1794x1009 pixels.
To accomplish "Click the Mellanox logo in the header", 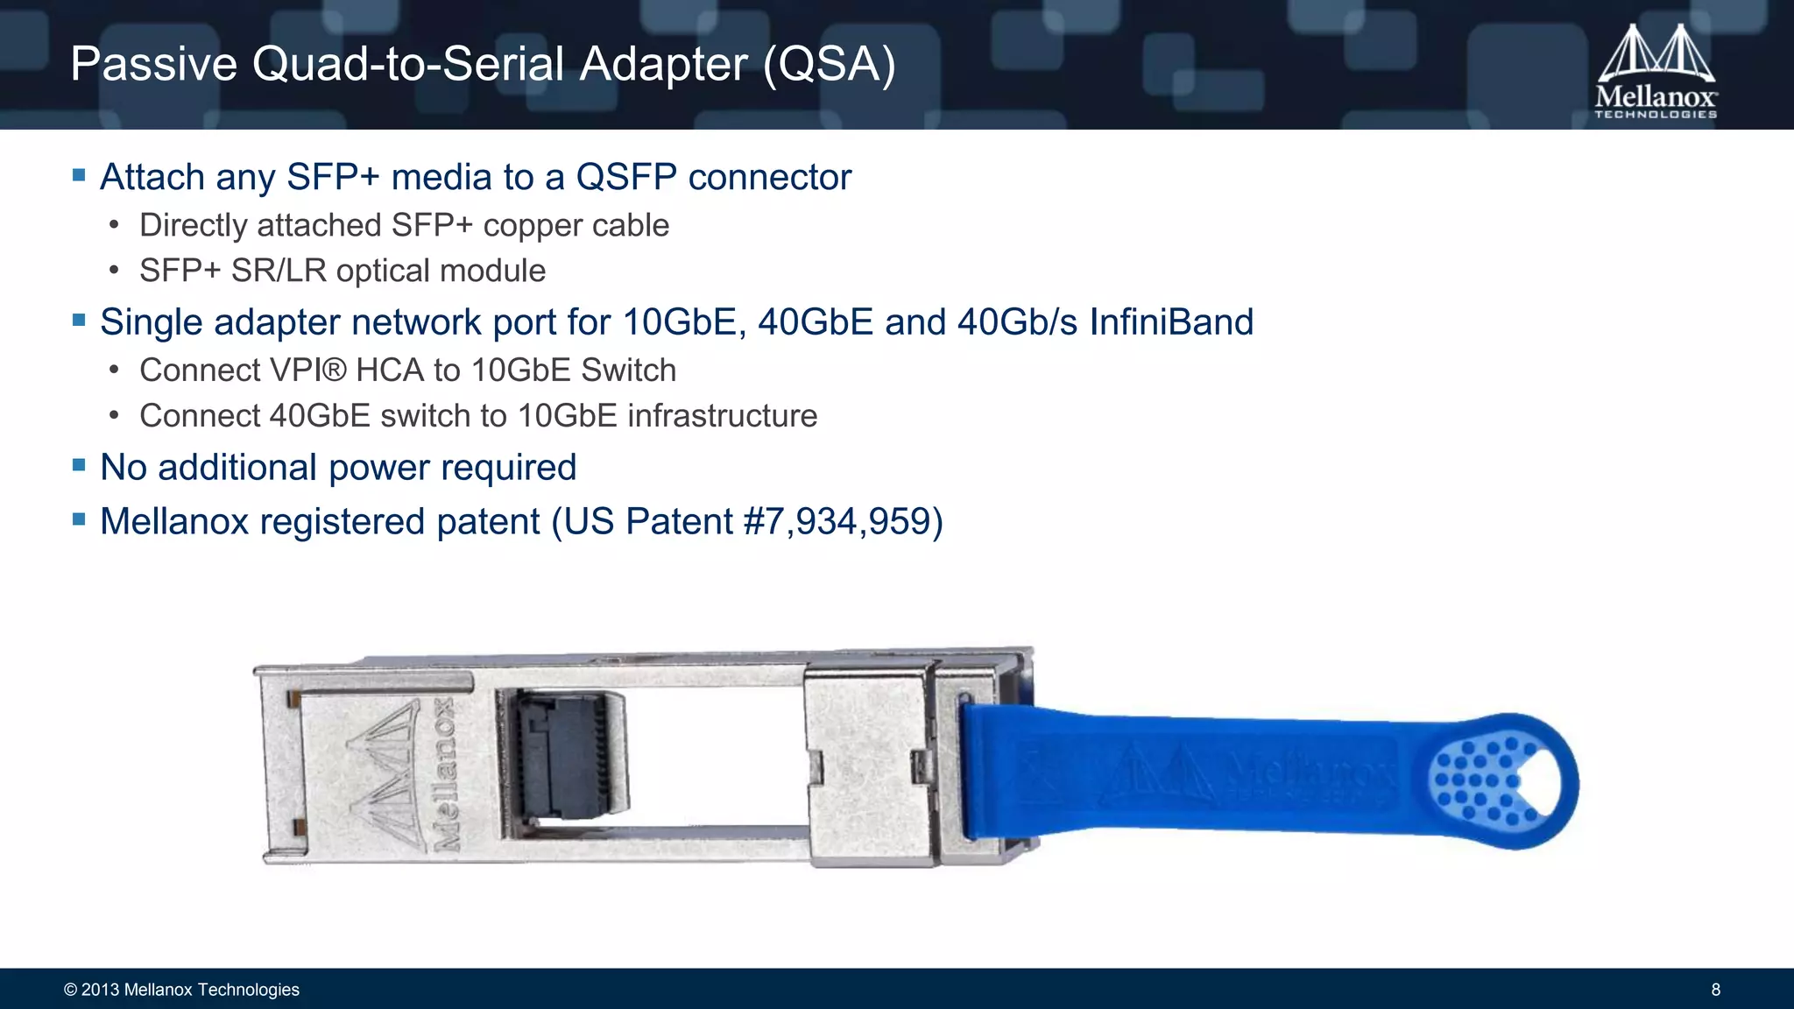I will tap(1655, 72).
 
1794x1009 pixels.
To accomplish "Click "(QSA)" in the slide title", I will tap(829, 65).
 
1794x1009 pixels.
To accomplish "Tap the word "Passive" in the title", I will tap(154, 65).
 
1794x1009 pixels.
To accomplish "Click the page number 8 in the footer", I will tap(1715, 990).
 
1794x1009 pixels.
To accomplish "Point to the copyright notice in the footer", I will tap(181, 990).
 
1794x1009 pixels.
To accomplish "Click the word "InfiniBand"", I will tap(1171, 322).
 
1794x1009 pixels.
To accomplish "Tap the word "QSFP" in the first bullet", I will tap(625, 178).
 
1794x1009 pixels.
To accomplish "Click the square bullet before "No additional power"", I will tap(79, 465).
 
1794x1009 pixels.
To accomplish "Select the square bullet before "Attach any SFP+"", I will tap(79, 175).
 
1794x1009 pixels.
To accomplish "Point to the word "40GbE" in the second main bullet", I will tap(816, 322).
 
